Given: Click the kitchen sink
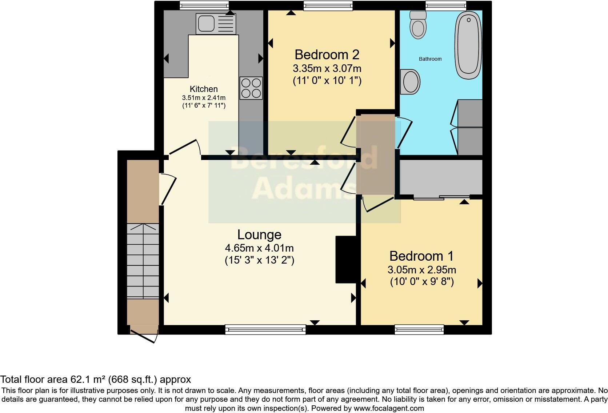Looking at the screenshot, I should [x=215, y=24].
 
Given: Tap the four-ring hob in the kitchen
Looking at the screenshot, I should [x=251, y=88].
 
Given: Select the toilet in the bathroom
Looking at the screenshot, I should [x=418, y=25].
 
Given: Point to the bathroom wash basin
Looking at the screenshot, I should [x=411, y=81].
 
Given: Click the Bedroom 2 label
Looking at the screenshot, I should [x=327, y=55].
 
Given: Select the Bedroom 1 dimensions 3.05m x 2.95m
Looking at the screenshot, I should [x=422, y=270].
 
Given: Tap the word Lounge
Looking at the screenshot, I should [x=259, y=234].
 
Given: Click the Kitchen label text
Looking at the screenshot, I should [x=204, y=89].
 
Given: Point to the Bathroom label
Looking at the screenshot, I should [x=430, y=59].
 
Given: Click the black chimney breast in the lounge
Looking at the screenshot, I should [x=345, y=259].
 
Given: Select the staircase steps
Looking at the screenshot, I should [x=143, y=261].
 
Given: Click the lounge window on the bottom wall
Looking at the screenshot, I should [x=265, y=330].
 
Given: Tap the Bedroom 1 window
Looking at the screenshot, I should [x=419, y=330].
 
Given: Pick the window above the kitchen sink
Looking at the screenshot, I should [x=204, y=5].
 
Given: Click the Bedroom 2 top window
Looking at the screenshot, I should [x=328, y=5].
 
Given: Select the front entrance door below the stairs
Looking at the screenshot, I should [x=144, y=336].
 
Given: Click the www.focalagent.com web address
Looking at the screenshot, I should [x=388, y=408].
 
